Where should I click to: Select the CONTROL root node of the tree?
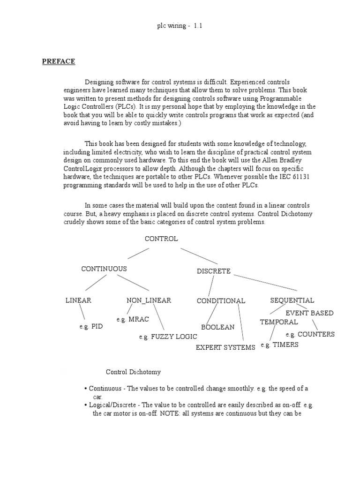[161, 239]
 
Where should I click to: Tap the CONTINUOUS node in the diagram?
[104, 269]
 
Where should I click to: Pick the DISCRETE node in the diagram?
[213, 271]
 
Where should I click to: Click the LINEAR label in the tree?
[78, 300]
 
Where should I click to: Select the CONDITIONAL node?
[221, 301]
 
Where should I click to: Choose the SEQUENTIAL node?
[292, 300]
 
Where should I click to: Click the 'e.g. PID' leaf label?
[91, 327]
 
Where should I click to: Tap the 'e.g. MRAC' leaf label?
[133, 319]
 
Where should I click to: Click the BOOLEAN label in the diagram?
[217, 327]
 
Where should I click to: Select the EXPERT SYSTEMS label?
[225, 347]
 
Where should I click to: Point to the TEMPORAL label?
[279, 322]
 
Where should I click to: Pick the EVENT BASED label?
[309, 313]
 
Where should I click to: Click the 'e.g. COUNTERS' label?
[310, 335]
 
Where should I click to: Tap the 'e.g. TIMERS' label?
[279, 345]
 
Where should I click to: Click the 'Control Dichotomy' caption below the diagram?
[133, 372]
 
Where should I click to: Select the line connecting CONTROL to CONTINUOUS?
[138, 253]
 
